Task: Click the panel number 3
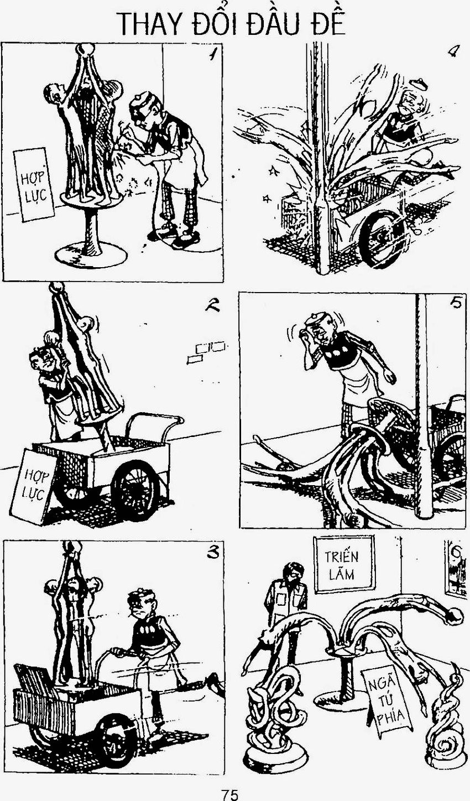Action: [x=213, y=553]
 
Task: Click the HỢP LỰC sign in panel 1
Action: [x=34, y=185]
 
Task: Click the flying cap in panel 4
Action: [x=420, y=85]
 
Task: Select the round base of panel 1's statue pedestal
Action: [x=91, y=254]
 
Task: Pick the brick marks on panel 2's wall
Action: [x=207, y=352]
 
